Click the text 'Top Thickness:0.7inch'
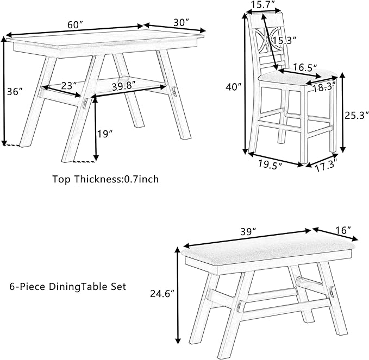pyautogui.click(x=105, y=179)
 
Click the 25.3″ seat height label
pyautogui.click(x=356, y=115)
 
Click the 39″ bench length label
pyautogui.click(x=248, y=232)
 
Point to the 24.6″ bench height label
pyautogui.click(x=161, y=294)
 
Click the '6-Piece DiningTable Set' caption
pyautogui.click(x=68, y=286)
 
